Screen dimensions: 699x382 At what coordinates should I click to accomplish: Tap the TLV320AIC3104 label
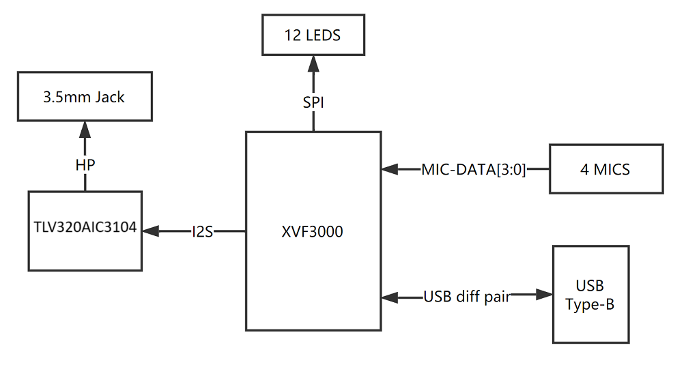coord(85,227)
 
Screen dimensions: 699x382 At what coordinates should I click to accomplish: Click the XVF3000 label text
coord(313,231)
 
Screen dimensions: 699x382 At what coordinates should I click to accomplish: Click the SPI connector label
coord(313,102)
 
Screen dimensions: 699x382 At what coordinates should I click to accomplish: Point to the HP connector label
coord(85,165)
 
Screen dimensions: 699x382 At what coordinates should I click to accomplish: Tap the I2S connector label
coord(202,231)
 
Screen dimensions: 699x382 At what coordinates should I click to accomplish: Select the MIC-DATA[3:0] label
coord(474,169)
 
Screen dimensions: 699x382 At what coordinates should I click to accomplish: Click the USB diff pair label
coord(467,297)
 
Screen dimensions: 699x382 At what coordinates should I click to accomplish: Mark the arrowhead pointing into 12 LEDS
coord(313,64)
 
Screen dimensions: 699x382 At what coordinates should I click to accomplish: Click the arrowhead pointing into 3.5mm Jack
coord(85,130)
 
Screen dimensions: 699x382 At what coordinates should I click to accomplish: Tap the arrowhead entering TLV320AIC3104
coord(151,231)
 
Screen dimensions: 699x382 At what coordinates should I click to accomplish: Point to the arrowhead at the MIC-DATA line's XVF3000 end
coord(390,169)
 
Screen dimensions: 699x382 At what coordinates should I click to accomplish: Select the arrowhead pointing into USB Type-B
coord(544,294)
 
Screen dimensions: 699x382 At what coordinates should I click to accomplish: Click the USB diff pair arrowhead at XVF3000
coord(390,297)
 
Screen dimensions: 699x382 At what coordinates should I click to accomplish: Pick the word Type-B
coord(590,305)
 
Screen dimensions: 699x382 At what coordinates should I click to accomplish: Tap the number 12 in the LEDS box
coord(292,35)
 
